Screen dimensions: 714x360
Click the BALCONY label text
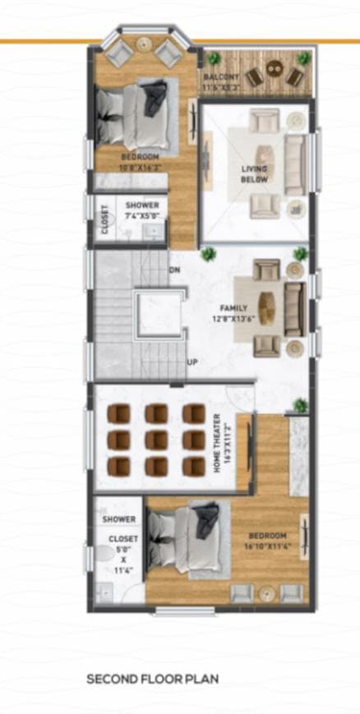221,76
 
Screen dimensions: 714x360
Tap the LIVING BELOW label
254,173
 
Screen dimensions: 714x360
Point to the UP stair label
192,362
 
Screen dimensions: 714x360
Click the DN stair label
175,269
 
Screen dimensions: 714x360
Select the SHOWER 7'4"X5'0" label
141,210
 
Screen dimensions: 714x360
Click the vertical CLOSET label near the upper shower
104,220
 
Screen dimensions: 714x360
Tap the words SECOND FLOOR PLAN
152,679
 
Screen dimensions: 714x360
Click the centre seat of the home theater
156,440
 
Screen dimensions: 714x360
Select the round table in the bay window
145,44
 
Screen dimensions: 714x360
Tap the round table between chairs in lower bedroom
265,592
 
